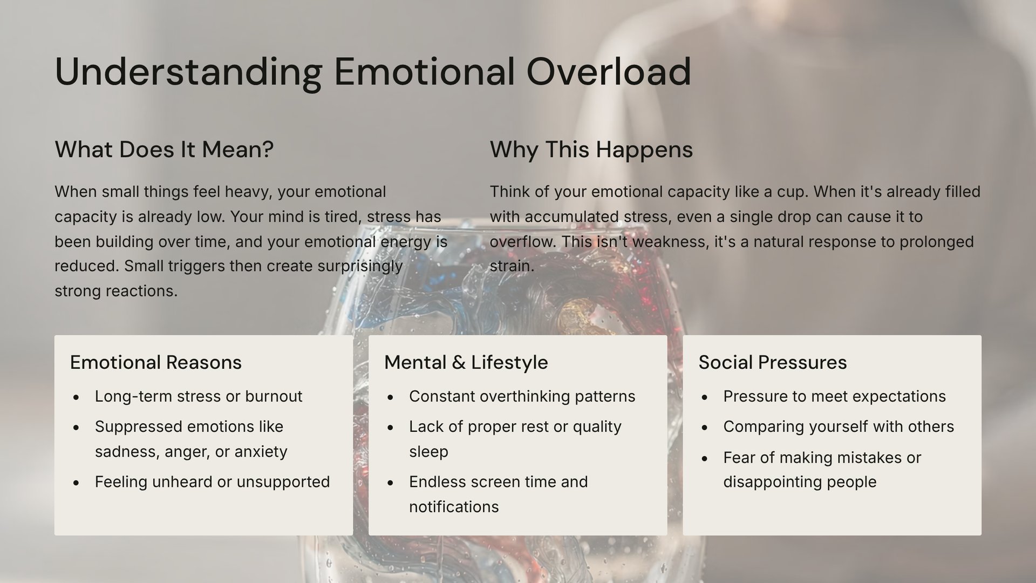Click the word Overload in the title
(x=609, y=72)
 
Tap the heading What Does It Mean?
(x=164, y=150)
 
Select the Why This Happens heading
(x=591, y=150)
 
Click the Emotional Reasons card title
(x=156, y=362)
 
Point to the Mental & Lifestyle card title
(x=466, y=362)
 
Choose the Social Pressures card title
(x=773, y=362)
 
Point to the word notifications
(x=454, y=507)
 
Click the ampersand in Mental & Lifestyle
(x=459, y=362)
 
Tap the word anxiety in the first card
(x=261, y=451)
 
